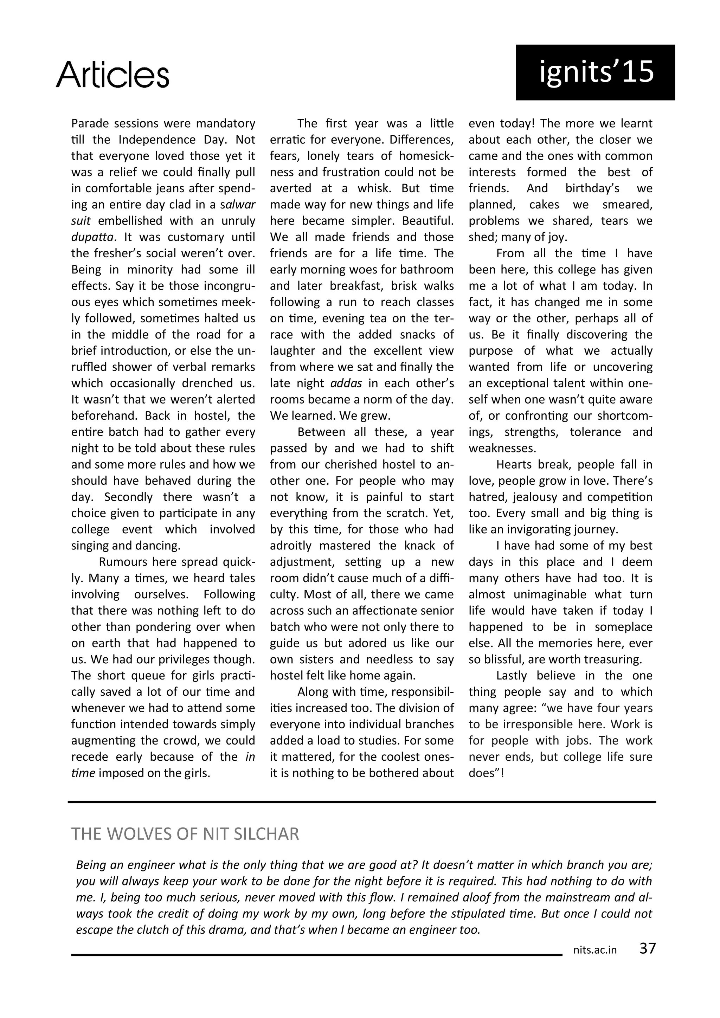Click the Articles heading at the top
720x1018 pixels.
coord(112,75)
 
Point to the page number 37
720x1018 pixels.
coord(647,948)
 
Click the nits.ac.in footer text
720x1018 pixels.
coord(595,950)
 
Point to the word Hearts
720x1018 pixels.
coord(513,465)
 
